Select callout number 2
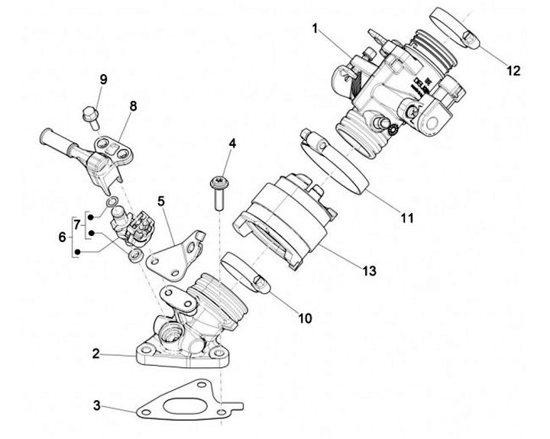pyautogui.click(x=96, y=353)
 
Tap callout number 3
pyautogui.click(x=96, y=404)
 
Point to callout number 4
pyautogui.click(x=232, y=143)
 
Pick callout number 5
pyautogui.click(x=161, y=202)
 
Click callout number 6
pyautogui.click(x=63, y=237)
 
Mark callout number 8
pyautogui.click(x=133, y=106)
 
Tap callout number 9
pyautogui.click(x=104, y=79)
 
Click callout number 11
pyautogui.click(x=406, y=218)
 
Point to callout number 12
pyautogui.click(x=513, y=70)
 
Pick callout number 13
pyautogui.click(x=370, y=270)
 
